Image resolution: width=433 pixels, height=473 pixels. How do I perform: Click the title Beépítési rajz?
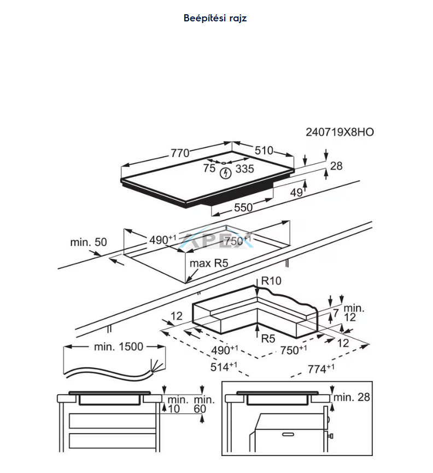pyautogui.click(x=215, y=18)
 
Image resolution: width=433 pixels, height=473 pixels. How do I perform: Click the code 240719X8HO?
pyautogui.click(x=340, y=132)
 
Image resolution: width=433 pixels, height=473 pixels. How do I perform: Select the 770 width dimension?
pyautogui.click(x=180, y=153)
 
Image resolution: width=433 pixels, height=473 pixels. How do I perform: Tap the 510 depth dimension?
pyautogui.click(x=264, y=150)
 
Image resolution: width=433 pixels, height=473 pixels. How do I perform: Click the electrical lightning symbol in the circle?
pyautogui.click(x=225, y=173)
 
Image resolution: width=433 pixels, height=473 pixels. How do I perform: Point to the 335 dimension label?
pyautogui.click(x=245, y=169)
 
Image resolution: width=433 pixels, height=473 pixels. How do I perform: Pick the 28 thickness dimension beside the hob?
pyautogui.click(x=336, y=166)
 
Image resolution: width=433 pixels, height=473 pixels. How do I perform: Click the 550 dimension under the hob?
pyautogui.click(x=243, y=207)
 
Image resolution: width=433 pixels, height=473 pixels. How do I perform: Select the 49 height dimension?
pyautogui.click(x=296, y=193)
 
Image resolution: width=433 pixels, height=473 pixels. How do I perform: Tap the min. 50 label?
pyautogui.click(x=88, y=242)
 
